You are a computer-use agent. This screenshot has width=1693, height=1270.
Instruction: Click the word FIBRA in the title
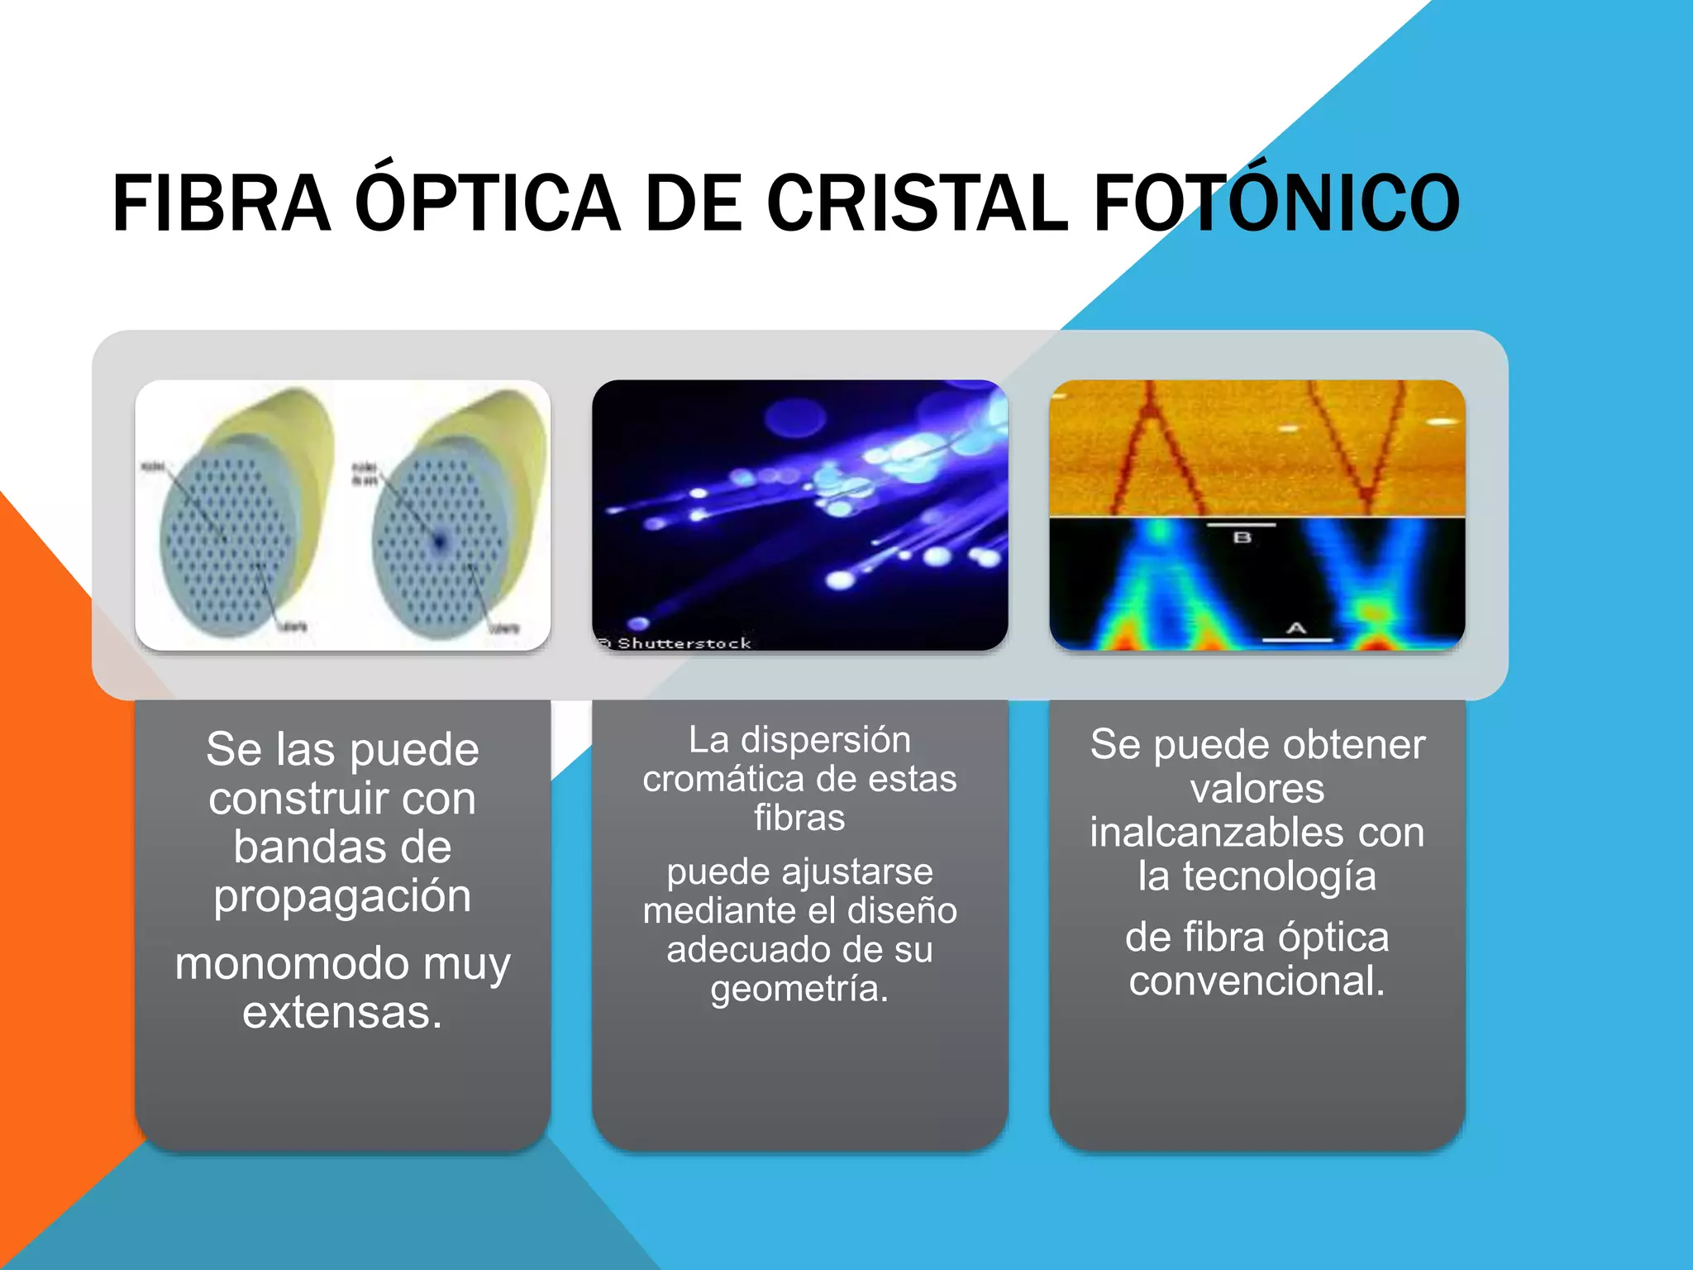point(222,203)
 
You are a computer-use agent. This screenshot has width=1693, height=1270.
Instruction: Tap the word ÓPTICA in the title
point(488,203)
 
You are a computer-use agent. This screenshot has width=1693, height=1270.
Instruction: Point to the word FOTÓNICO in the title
point(1277,203)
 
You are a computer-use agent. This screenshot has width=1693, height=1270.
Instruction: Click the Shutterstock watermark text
point(684,643)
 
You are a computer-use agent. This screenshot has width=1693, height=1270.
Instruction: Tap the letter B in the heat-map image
point(1242,537)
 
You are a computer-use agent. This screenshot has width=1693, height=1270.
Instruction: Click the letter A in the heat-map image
point(1295,629)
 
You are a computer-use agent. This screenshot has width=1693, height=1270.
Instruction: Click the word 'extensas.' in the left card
point(342,1012)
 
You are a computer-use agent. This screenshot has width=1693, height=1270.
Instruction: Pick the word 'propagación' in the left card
point(342,896)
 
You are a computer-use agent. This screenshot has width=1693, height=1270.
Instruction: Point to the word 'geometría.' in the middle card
point(799,988)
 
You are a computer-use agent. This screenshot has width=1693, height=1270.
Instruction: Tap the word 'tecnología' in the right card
point(1279,876)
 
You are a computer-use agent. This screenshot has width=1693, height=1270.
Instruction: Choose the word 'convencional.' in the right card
point(1257,981)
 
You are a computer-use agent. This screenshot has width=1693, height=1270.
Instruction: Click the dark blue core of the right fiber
point(439,542)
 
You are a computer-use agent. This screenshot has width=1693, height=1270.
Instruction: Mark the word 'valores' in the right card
point(1257,789)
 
